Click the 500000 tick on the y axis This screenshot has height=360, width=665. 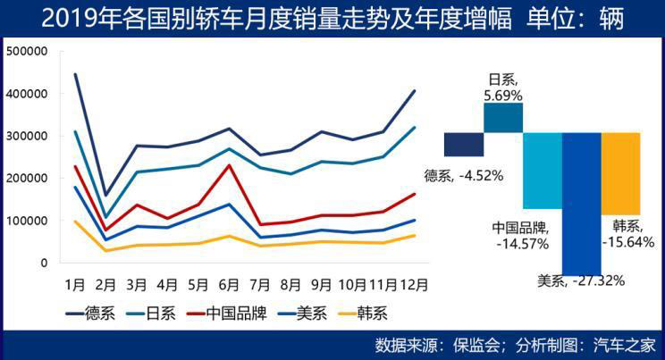(x=26, y=51)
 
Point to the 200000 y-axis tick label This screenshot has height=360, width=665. (x=26, y=178)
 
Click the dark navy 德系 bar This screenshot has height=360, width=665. (x=464, y=144)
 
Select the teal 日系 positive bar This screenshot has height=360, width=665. (x=503, y=118)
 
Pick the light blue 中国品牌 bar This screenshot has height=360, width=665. (x=543, y=170)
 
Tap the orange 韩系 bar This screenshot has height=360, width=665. (x=620, y=173)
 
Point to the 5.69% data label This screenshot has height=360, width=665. (x=502, y=93)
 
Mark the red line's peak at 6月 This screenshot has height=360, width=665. (x=229, y=164)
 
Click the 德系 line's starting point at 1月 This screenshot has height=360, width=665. (x=75, y=73)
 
